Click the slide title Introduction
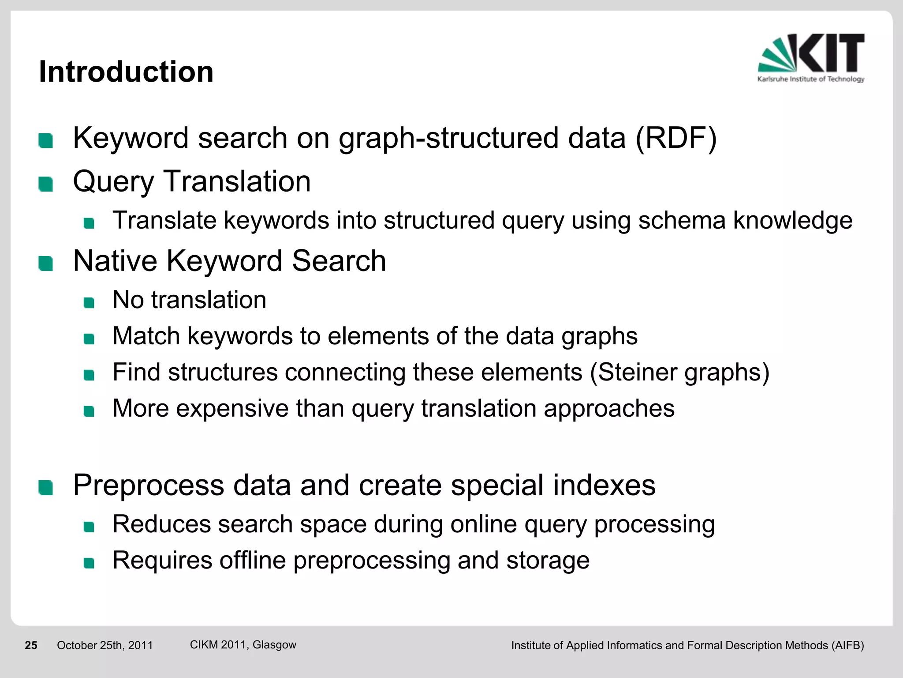(x=126, y=72)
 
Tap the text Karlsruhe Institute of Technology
(x=811, y=79)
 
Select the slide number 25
(x=31, y=645)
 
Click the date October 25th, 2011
(x=105, y=645)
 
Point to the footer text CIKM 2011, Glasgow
(x=243, y=644)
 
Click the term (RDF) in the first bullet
(x=676, y=139)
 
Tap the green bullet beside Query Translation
(x=46, y=184)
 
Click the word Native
(x=115, y=261)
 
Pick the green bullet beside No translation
(x=89, y=303)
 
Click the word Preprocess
(x=149, y=486)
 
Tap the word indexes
(x=604, y=485)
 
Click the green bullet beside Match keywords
(x=89, y=339)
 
